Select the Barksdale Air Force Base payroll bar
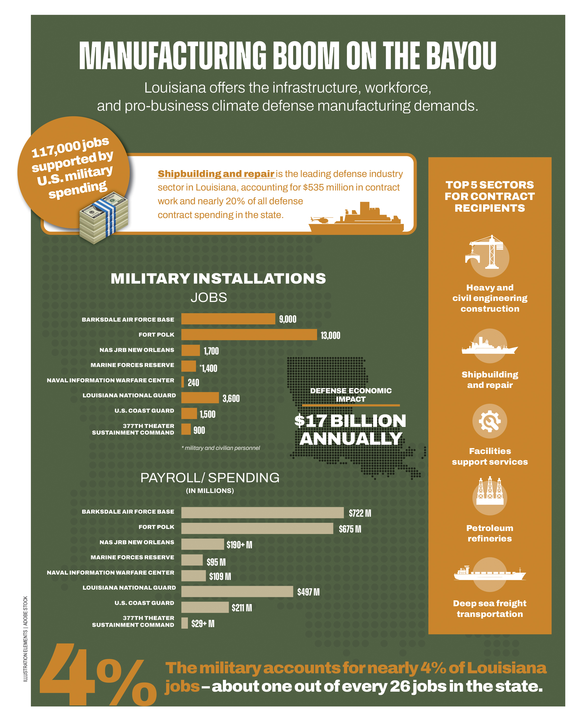pyautogui.click(x=262, y=512)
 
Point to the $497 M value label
pyautogui.click(x=308, y=592)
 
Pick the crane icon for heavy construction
pyautogui.click(x=486, y=252)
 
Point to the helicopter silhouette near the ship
pyautogui.click(x=321, y=220)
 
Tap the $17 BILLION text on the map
pyautogui.click(x=350, y=421)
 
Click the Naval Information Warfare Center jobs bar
pyautogui.click(x=183, y=382)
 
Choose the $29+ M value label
pyautogui.click(x=203, y=624)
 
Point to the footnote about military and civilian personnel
pyautogui.click(x=221, y=448)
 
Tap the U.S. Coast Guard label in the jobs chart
pyautogui.click(x=144, y=411)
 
